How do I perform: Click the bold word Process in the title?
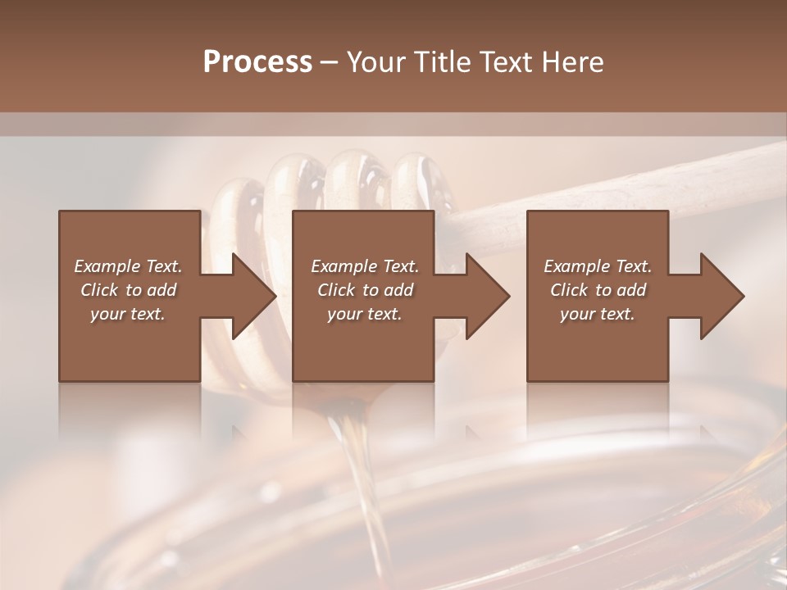(257, 61)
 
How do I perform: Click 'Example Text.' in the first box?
(128, 266)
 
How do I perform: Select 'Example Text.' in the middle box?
(365, 266)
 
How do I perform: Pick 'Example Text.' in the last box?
(598, 266)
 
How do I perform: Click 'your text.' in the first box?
(128, 314)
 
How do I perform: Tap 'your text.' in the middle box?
(365, 314)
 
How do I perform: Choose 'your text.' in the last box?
(598, 314)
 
